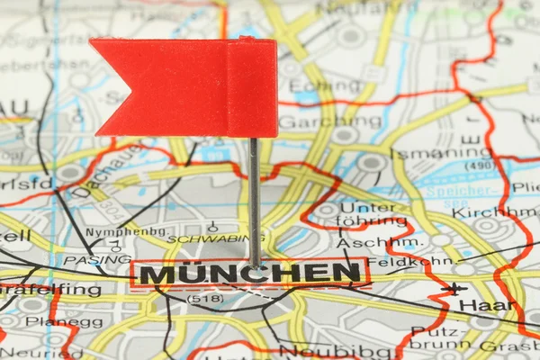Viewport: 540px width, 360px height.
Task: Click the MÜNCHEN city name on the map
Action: click(250, 273)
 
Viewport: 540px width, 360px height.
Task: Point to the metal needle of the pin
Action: click(255, 198)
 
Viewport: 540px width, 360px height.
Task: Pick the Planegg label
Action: click(52, 322)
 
